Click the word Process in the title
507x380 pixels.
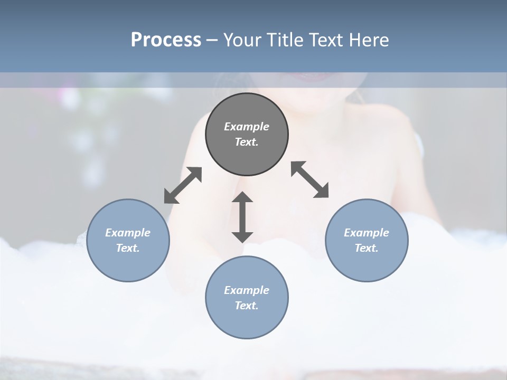pyautogui.click(x=166, y=40)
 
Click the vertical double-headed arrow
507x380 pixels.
pyautogui.click(x=242, y=217)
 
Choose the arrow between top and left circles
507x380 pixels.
pyautogui.click(x=183, y=185)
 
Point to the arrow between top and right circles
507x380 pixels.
pyautogui.click(x=310, y=179)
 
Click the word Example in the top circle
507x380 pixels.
pyautogui.click(x=247, y=127)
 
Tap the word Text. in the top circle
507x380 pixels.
pyautogui.click(x=247, y=142)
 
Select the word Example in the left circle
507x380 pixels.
pyautogui.click(x=128, y=233)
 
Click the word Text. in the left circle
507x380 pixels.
pyautogui.click(x=128, y=248)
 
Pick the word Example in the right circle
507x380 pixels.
pyautogui.click(x=367, y=233)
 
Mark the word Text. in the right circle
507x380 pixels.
pyautogui.click(x=367, y=248)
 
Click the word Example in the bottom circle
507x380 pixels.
pyautogui.click(x=247, y=290)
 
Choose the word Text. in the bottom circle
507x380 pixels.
pyautogui.click(x=247, y=306)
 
